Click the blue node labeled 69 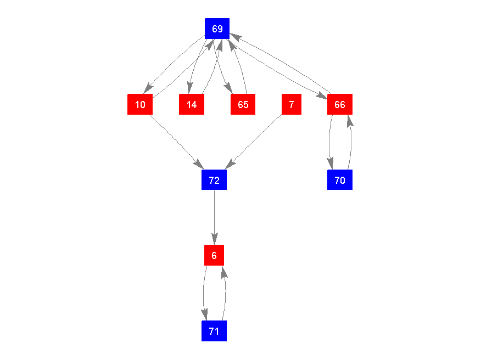click(217, 29)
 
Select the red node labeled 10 click(140, 104)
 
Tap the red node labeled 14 click(192, 104)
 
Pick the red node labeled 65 click(243, 104)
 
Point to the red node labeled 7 click(292, 104)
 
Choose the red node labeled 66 click(340, 104)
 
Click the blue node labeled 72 click(214, 180)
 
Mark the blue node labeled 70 click(340, 180)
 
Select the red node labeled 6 click(214, 255)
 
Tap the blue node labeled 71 click(214, 331)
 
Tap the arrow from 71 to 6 click(225, 293)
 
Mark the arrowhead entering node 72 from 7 click(231, 164)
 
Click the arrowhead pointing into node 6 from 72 click(214, 239)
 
